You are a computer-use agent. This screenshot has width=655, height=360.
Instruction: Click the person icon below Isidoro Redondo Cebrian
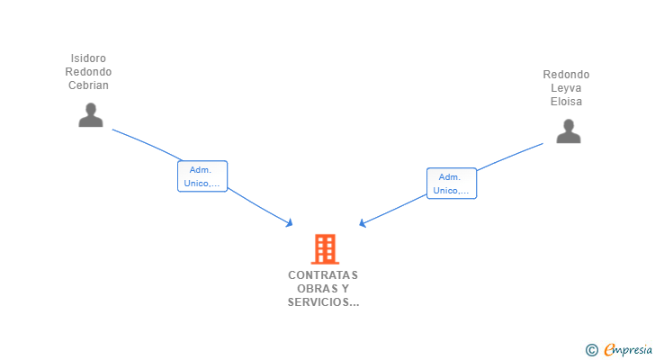click(91, 115)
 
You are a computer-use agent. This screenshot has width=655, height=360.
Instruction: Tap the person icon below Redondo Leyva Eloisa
click(568, 131)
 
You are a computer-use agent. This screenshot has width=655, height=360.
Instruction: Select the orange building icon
click(325, 249)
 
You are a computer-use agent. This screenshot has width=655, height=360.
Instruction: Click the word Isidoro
click(88, 58)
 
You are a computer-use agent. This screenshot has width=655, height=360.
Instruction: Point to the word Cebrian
click(88, 85)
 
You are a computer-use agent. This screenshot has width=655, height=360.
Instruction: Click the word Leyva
click(566, 88)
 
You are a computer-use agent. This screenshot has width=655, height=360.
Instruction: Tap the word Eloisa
click(566, 102)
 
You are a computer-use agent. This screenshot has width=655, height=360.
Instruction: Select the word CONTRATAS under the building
click(323, 275)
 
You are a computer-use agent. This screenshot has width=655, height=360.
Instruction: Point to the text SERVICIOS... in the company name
click(323, 301)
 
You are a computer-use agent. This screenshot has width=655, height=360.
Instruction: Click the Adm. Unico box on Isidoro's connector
click(202, 176)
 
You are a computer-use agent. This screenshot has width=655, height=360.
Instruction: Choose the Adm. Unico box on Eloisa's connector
click(452, 184)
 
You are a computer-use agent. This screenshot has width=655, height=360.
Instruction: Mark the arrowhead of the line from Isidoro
click(291, 224)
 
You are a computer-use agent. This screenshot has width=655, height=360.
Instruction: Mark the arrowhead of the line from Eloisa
click(362, 224)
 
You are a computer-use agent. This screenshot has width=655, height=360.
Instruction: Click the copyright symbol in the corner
click(591, 350)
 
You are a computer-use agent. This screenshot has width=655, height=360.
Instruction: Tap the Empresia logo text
click(628, 350)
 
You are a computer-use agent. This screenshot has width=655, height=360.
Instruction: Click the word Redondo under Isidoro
click(88, 72)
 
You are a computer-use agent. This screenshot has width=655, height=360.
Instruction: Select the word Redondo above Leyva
click(566, 75)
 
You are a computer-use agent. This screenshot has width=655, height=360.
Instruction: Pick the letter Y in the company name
click(345, 289)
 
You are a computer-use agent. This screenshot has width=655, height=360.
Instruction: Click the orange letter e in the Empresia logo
click(610, 350)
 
